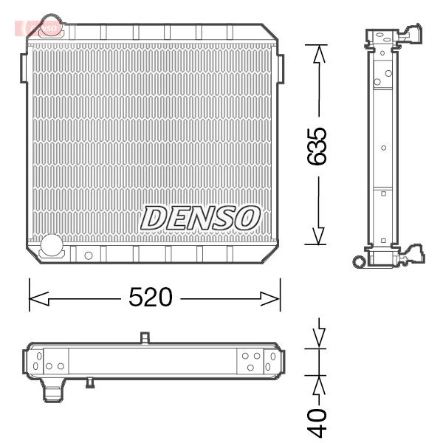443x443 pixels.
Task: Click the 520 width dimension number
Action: (x=151, y=297)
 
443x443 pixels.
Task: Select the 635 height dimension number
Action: (x=317, y=146)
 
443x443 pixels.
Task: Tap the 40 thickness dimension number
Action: (x=317, y=422)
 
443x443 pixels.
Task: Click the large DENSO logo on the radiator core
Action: (x=200, y=218)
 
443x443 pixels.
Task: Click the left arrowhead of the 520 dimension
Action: (x=39, y=298)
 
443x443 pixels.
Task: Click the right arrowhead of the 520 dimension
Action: (x=270, y=298)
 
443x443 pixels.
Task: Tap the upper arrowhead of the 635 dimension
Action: (x=319, y=54)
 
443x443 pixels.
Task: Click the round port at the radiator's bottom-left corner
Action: (x=52, y=244)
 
